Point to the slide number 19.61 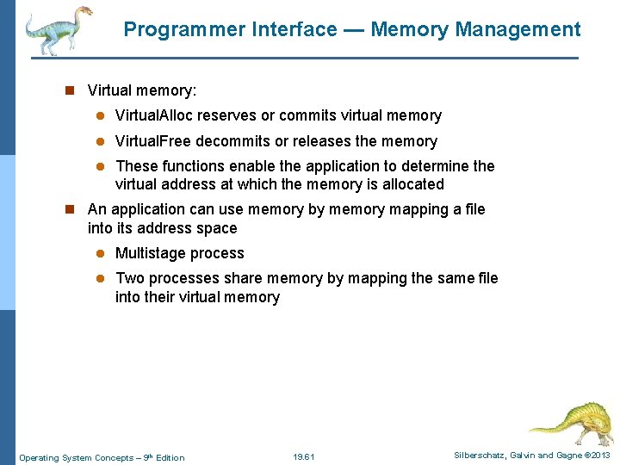pyautogui.click(x=304, y=457)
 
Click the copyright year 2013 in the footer pyautogui.click(x=601, y=456)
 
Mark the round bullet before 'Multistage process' pyautogui.click(x=99, y=254)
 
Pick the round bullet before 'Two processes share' pyautogui.click(x=99, y=278)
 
